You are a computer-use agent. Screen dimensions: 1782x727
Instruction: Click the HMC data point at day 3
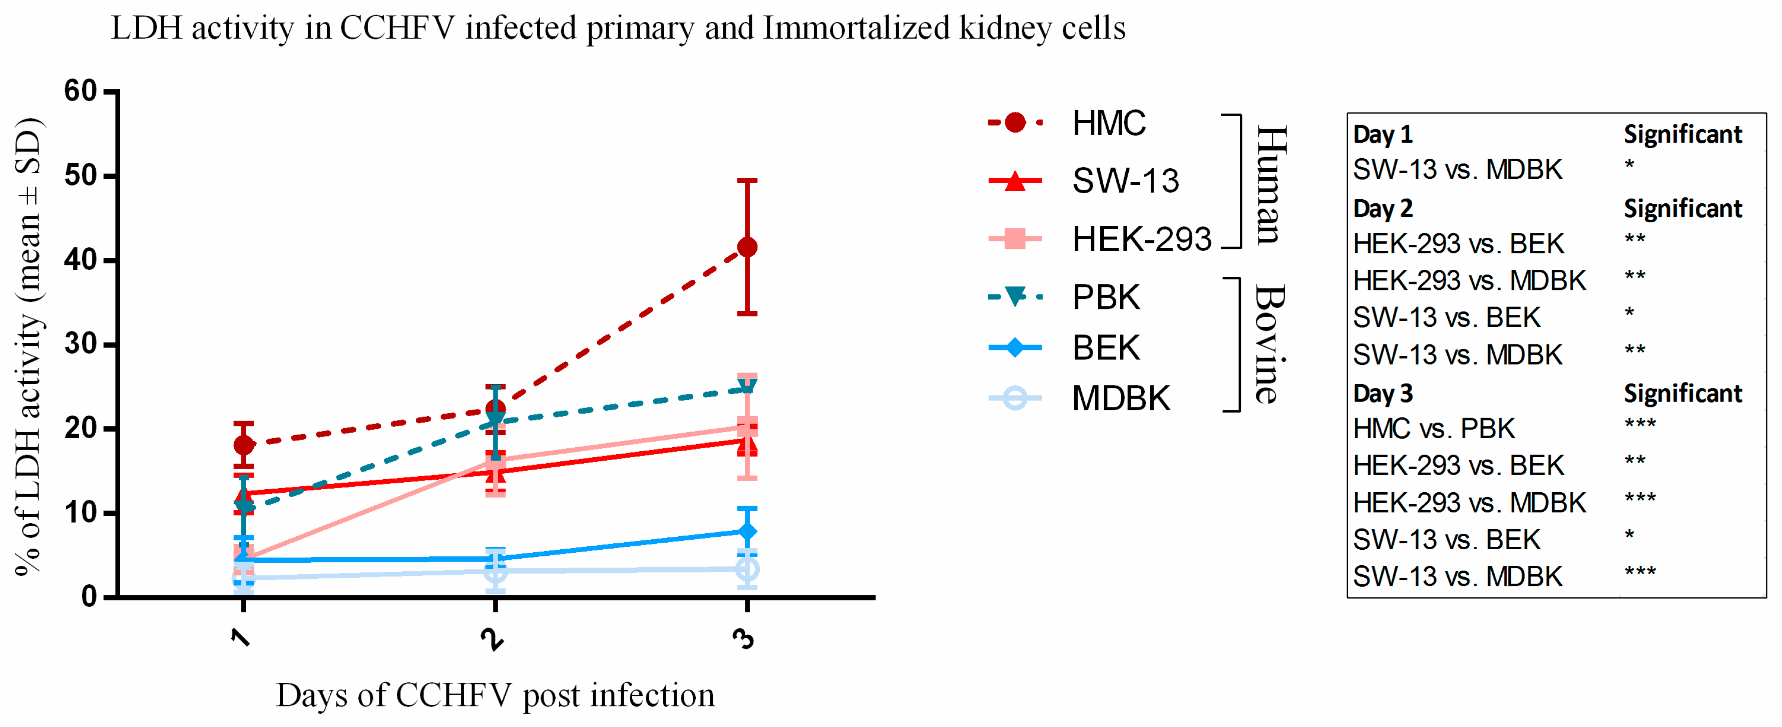tap(747, 247)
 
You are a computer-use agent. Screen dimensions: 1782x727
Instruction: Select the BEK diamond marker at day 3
tap(747, 531)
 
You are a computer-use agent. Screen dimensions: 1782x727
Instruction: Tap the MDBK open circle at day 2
tap(496, 571)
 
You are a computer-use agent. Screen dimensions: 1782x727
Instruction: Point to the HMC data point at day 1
tap(243, 444)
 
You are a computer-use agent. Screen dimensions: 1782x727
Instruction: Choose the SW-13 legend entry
tap(1084, 181)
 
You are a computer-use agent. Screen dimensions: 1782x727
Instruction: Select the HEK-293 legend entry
tap(1100, 239)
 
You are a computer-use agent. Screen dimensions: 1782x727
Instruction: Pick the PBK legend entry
tap(1064, 297)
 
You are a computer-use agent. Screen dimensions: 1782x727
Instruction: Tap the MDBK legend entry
tap(1079, 399)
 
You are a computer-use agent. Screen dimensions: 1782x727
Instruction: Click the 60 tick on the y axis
tap(81, 91)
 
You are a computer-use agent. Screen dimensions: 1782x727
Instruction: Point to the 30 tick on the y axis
tap(81, 344)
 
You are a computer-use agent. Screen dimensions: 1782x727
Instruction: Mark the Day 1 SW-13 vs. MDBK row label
tap(1458, 169)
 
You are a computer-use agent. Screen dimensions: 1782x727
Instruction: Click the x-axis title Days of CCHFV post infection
tap(496, 695)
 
